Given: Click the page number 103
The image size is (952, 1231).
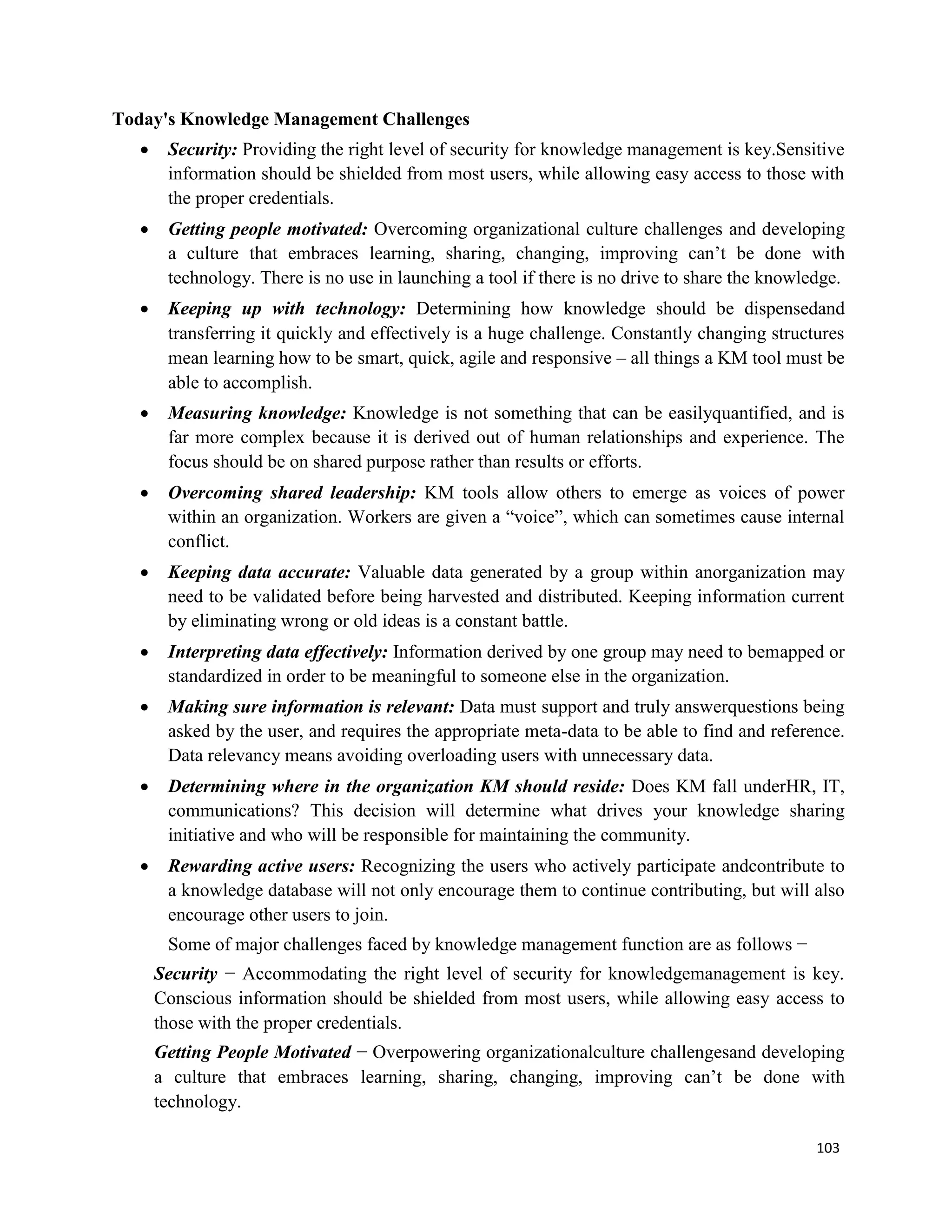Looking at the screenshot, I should [x=827, y=1147].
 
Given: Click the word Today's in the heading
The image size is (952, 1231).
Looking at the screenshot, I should [x=143, y=119].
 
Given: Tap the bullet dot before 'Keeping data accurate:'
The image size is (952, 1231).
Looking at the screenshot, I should [x=145, y=573].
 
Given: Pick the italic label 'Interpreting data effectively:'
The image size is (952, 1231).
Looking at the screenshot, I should [x=278, y=652].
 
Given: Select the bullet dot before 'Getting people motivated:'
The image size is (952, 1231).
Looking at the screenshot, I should [x=145, y=230].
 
